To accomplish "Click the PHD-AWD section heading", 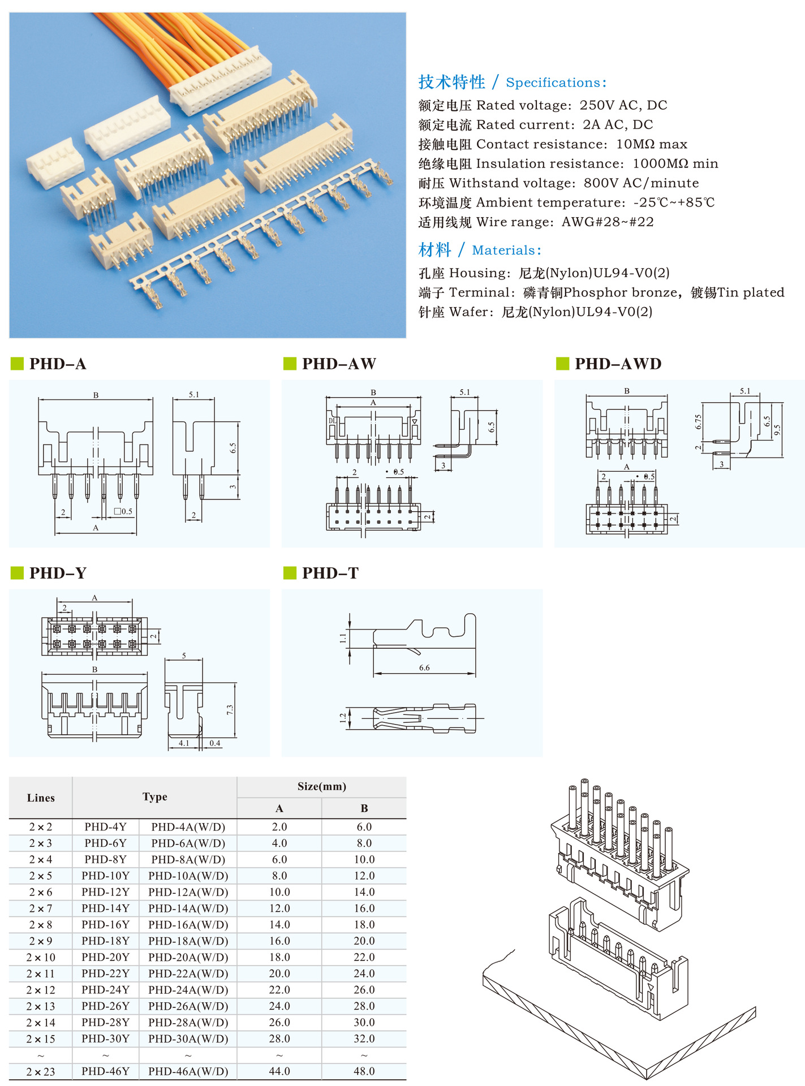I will pyautogui.click(x=618, y=364).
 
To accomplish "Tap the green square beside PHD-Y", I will pyautogui.click(x=17, y=573).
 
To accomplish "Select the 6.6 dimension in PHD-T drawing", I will pyautogui.click(x=424, y=668).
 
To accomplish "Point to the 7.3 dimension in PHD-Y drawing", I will pyautogui.click(x=230, y=709).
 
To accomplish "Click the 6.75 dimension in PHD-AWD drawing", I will pyautogui.click(x=699, y=421).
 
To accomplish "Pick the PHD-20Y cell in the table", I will pyautogui.click(x=105, y=958).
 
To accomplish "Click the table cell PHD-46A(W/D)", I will pyautogui.click(x=188, y=1071).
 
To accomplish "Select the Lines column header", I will pyautogui.click(x=41, y=798).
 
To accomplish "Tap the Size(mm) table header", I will pyautogui.click(x=321, y=787).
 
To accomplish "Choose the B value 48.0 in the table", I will pyautogui.click(x=364, y=1071).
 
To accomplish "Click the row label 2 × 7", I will pyautogui.click(x=41, y=908).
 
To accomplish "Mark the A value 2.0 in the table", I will pyautogui.click(x=279, y=827).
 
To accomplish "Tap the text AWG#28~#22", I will pyautogui.click(x=607, y=222).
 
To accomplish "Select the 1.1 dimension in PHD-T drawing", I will pyautogui.click(x=343, y=639).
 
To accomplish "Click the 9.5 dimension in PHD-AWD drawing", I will pyautogui.click(x=777, y=429).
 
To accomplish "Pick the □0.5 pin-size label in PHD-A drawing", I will pyautogui.click(x=123, y=511).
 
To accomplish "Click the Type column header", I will pyautogui.click(x=154, y=797).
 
